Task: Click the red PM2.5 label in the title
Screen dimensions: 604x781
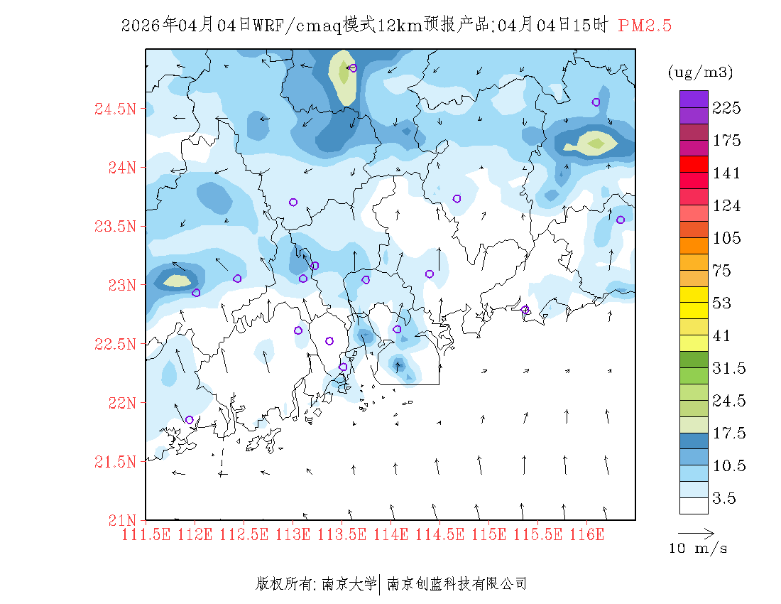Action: [645, 26]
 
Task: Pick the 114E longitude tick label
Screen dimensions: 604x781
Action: [390, 534]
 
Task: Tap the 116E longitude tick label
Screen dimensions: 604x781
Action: [586, 534]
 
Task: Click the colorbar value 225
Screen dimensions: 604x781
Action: [727, 108]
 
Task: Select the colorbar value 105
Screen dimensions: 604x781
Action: [727, 238]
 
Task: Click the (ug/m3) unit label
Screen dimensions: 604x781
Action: [700, 72]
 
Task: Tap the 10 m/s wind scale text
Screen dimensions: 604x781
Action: [699, 549]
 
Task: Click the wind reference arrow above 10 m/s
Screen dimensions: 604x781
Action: [695, 532]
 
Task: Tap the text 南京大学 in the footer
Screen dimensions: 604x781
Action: [349, 584]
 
